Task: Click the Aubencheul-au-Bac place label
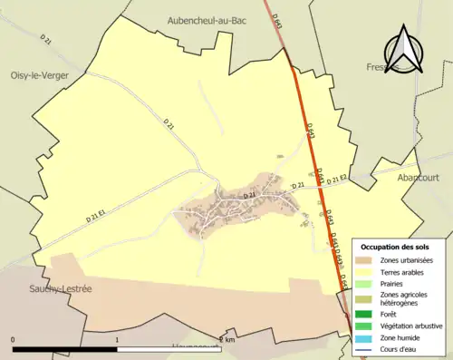pos(207,19)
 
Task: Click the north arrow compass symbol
pos(404,51)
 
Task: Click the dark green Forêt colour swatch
pos(367,314)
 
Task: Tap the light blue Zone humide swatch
pos(367,337)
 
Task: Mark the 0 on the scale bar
pos(13,340)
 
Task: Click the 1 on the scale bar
pos(117,340)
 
